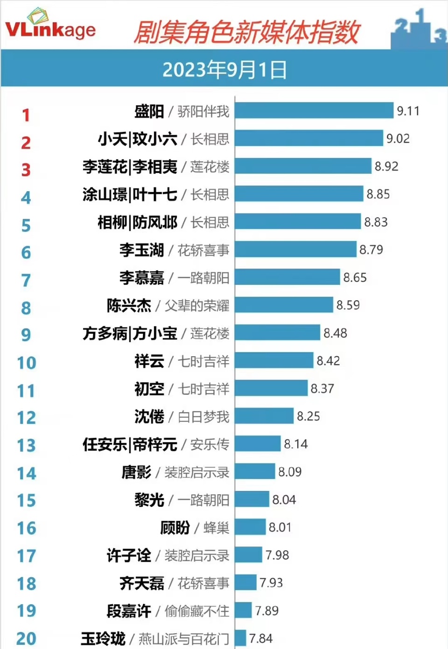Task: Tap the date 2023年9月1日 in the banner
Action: pos(224,70)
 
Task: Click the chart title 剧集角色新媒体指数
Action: pos(246,32)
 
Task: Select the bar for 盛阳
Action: pos(314,111)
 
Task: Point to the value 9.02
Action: pos(398,139)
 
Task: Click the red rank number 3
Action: pos(26,170)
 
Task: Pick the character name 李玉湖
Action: pos(141,250)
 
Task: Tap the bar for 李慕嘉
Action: pos(287,277)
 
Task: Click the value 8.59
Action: pos(348,305)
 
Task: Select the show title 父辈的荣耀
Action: pos(196,306)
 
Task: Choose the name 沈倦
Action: pos(149,417)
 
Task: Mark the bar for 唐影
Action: pos(255,472)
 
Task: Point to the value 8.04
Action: pos(284,500)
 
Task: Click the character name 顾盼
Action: pos(175,528)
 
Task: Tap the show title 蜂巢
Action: pos(216,528)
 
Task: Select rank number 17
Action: pos(27,556)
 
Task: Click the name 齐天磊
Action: pos(141,583)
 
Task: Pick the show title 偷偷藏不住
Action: pos(196,611)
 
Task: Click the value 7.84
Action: pos(260,639)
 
